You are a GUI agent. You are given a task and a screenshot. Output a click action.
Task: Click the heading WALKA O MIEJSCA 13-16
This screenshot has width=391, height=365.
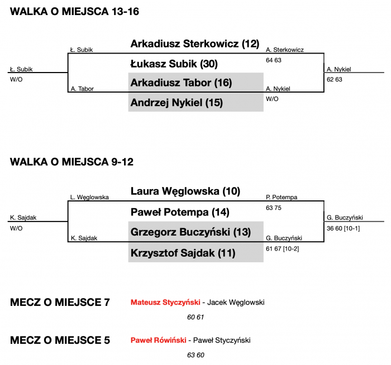tap(75, 12)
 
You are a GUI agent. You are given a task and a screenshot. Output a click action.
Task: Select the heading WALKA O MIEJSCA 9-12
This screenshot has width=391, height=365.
tap(71, 162)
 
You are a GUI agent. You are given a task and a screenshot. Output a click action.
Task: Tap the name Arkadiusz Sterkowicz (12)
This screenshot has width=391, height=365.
tap(195, 44)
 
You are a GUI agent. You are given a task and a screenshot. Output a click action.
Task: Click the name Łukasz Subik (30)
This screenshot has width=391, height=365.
tap(174, 64)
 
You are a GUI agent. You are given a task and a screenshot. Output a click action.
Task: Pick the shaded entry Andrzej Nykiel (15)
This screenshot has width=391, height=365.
tap(177, 103)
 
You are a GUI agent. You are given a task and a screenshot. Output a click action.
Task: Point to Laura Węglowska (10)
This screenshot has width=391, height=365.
tap(185, 191)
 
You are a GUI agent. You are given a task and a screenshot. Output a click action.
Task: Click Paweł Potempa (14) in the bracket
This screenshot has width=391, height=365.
tap(180, 213)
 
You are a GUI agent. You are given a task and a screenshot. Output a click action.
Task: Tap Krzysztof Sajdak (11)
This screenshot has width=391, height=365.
tap(182, 253)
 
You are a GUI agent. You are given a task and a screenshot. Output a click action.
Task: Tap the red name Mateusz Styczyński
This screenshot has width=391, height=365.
tap(165, 302)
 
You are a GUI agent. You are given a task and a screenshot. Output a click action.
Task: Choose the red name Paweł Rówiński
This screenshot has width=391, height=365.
tap(158, 340)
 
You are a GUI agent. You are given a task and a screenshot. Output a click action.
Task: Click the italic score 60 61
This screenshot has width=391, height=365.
tap(197, 317)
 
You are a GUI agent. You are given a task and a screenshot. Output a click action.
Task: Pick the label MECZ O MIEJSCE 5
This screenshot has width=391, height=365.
tap(60, 340)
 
